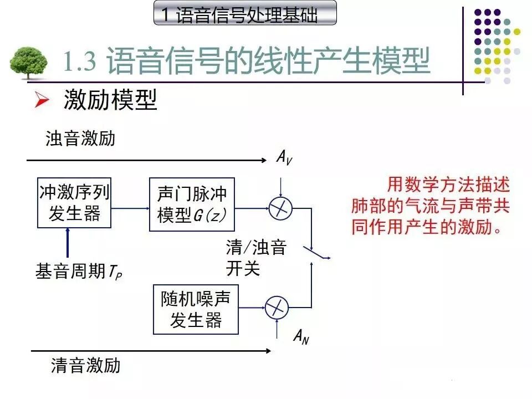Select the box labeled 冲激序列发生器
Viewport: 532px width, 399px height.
click(x=74, y=203)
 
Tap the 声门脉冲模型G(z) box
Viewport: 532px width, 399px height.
click(x=192, y=204)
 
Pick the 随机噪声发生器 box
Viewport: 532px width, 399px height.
click(x=196, y=309)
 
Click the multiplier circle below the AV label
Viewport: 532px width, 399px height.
click(x=280, y=209)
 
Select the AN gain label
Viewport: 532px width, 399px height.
click(x=301, y=336)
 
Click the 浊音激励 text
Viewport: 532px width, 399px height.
click(x=80, y=138)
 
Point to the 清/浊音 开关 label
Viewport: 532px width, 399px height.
click(x=255, y=257)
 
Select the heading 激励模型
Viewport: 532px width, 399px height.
click(x=110, y=100)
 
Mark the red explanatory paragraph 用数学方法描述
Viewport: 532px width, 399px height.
click(x=430, y=206)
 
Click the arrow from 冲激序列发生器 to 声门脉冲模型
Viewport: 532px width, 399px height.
click(x=130, y=208)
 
